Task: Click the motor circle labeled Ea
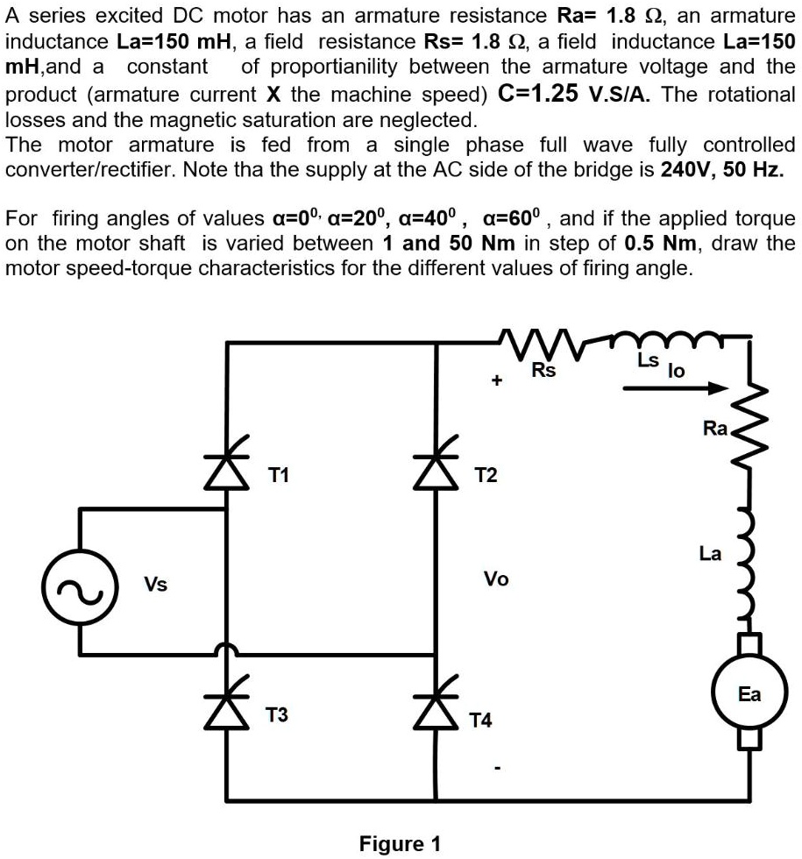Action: (749, 693)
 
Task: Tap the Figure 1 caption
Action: (400, 844)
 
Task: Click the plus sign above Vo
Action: (496, 381)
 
